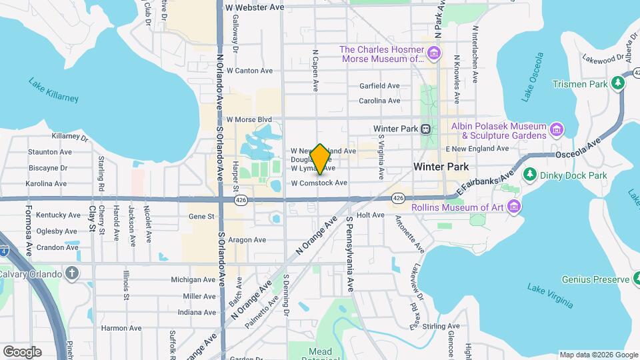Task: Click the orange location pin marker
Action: (320, 159)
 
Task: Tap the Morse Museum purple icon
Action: (434, 53)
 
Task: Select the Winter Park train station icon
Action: (425, 129)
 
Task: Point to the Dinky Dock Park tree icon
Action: (530, 175)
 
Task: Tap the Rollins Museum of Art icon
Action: (513, 207)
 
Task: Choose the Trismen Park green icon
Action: (618, 83)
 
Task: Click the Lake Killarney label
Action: (53, 90)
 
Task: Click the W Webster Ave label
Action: (255, 7)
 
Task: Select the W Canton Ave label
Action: (249, 70)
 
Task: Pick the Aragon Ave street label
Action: (247, 240)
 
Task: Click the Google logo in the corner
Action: (22, 351)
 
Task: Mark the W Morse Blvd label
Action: (249, 120)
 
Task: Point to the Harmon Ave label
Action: (121, 328)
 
